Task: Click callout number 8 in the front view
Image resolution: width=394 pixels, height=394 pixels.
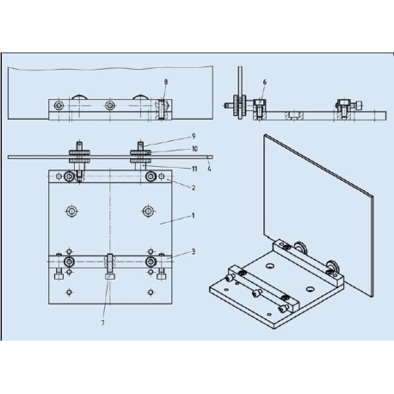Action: coord(166,82)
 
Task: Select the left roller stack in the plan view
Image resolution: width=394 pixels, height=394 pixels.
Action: coord(78,156)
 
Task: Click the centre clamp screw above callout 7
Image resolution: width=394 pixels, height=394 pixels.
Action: coord(109,262)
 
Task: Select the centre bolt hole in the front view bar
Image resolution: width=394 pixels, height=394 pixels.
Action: coord(109,106)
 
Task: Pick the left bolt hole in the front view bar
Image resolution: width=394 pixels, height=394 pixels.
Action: coord(58,106)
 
